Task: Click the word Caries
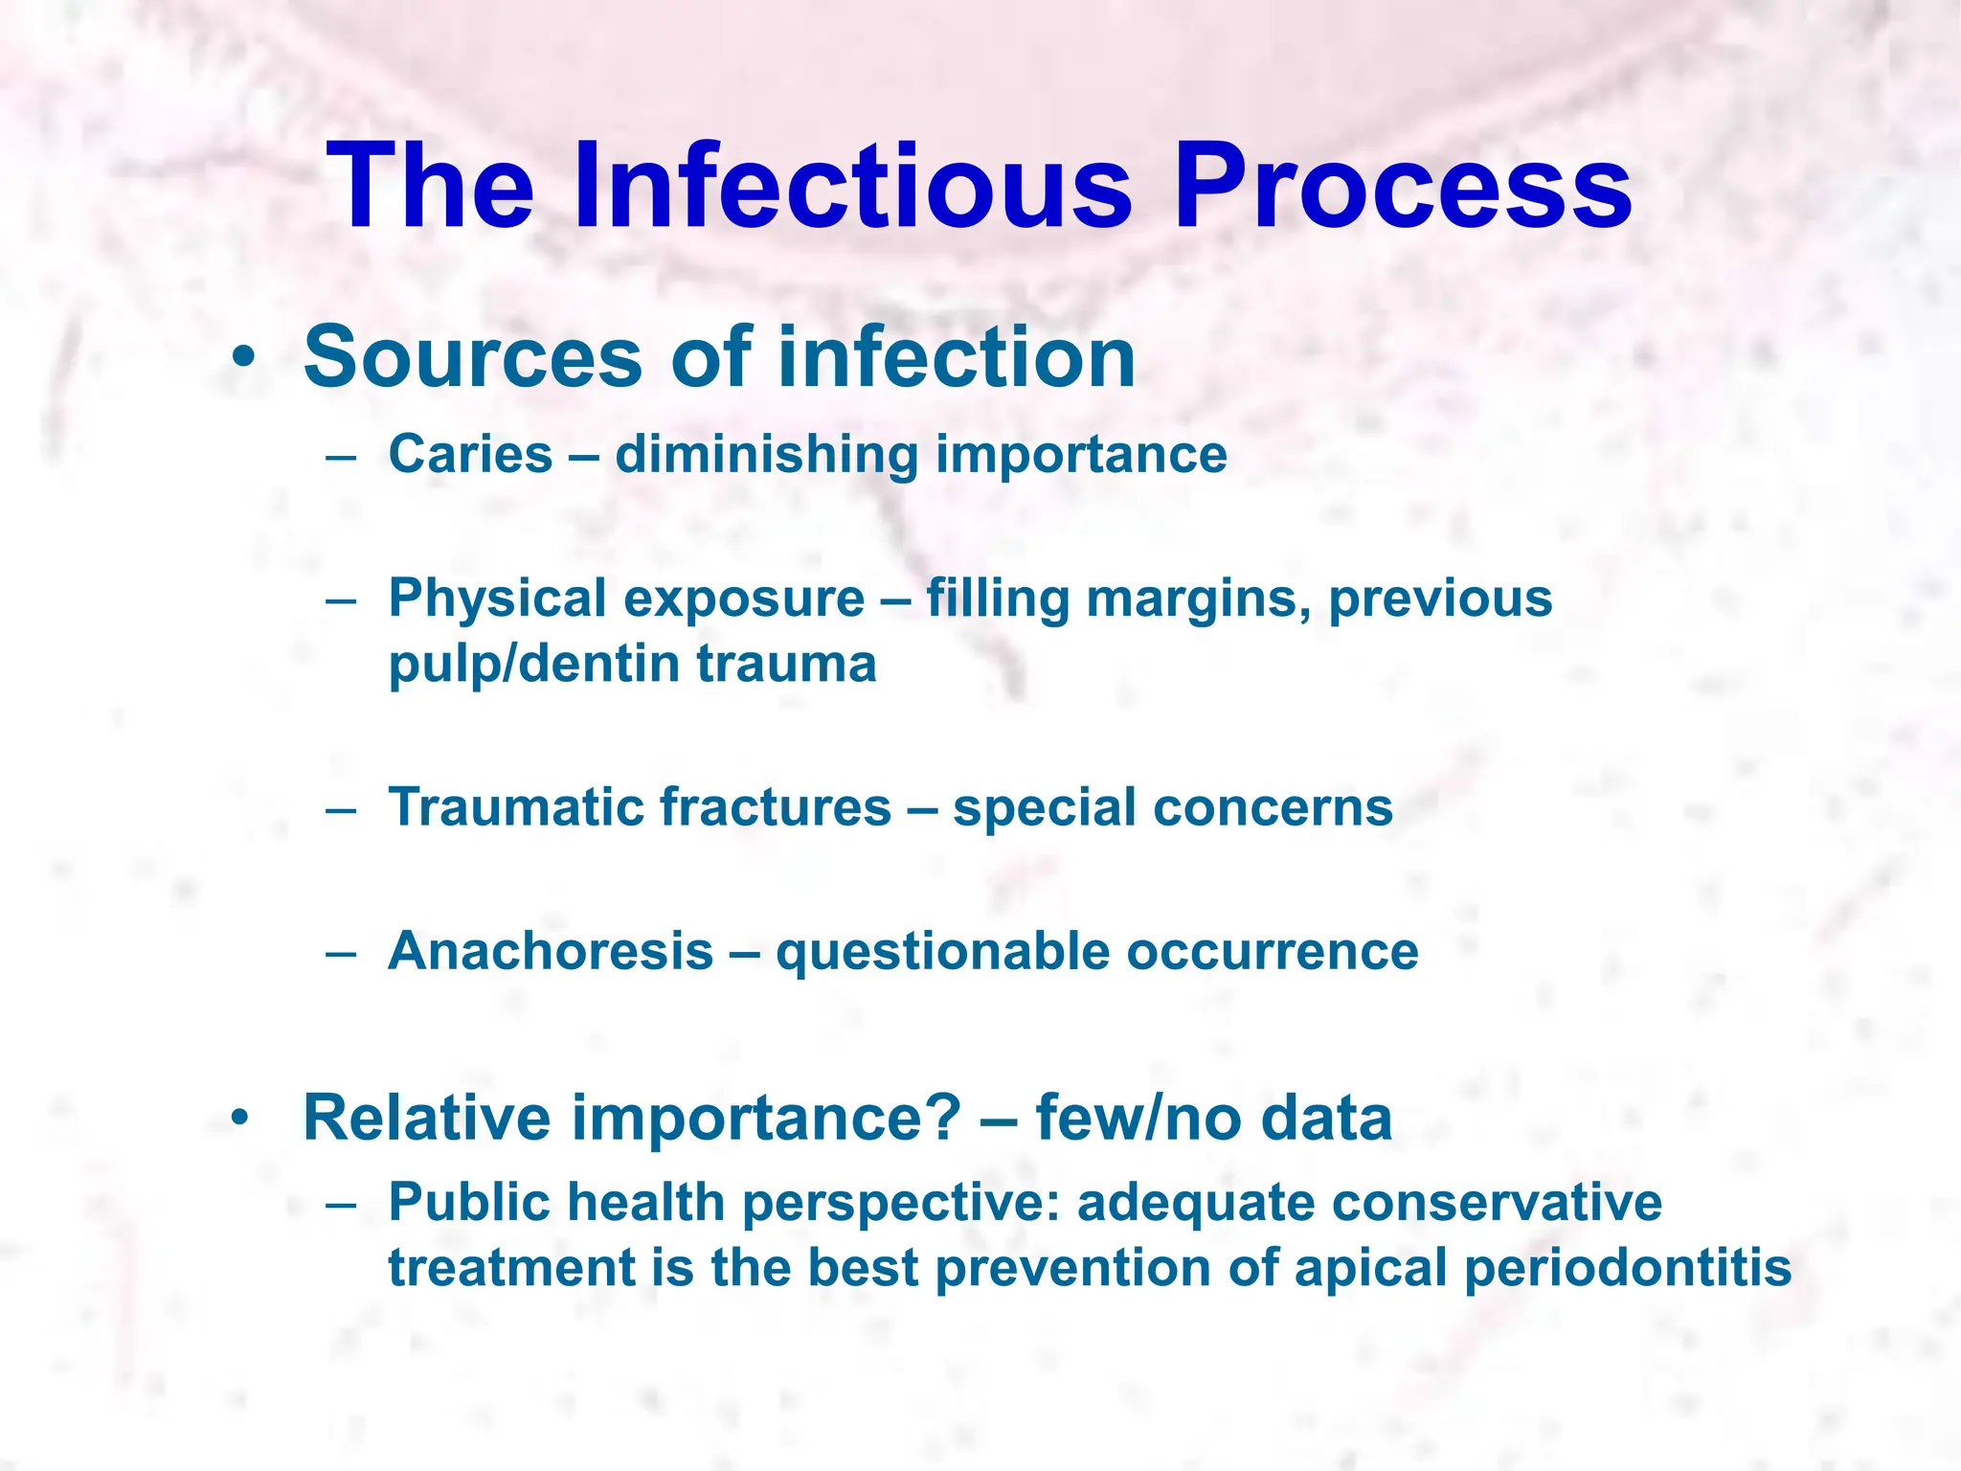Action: pyautogui.click(x=470, y=454)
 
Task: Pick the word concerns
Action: pyautogui.click(x=1273, y=807)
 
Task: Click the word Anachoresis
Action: pyautogui.click(x=551, y=951)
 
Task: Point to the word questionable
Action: pyautogui.click(x=942, y=951)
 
